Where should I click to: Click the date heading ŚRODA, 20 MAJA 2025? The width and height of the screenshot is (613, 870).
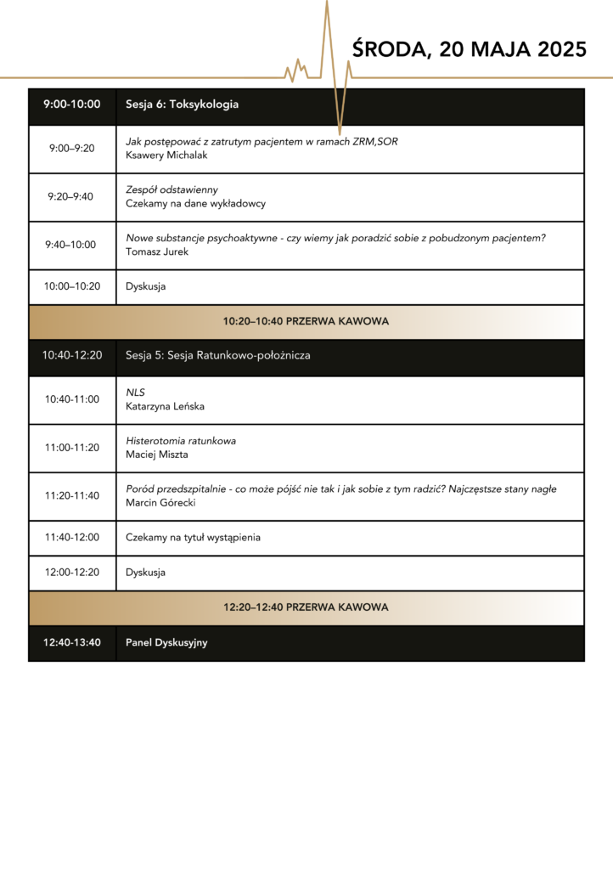click(x=469, y=49)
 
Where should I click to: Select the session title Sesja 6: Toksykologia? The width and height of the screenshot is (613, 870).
click(x=182, y=105)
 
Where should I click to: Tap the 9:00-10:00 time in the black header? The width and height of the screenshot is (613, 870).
click(x=72, y=105)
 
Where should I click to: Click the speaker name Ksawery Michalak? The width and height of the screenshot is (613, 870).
click(x=166, y=155)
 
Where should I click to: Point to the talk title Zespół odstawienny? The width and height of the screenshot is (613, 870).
click(x=172, y=189)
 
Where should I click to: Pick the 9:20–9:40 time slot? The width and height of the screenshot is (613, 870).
click(x=72, y=197)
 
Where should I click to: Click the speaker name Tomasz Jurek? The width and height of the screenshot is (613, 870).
click(x=157, y=251)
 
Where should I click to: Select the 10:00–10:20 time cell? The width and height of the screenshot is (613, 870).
click(x=72, y=286)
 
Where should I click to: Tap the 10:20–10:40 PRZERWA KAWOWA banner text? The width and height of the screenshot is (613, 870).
click(x=306, y=321)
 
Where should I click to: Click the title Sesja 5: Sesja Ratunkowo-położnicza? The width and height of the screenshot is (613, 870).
click(x=217, y=355)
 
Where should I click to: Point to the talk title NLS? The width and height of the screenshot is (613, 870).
click(x=135, y=393)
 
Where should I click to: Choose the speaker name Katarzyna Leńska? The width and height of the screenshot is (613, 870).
click(x=165, y=406)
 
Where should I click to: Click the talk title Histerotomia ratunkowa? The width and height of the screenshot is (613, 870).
click(x=181, y=441)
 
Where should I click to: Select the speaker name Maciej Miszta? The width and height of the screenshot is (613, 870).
click(x=156, y=455)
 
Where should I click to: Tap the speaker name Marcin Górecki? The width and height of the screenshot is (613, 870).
click(x=160, y=503)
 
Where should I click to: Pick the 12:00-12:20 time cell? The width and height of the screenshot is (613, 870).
click(x=72, y=572)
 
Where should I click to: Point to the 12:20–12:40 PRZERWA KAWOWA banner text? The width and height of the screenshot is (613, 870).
click(x=306, y=607)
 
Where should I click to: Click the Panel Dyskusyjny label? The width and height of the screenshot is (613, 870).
click(x=166, y=642)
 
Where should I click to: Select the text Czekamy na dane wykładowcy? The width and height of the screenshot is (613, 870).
click(x=195, y=204)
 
